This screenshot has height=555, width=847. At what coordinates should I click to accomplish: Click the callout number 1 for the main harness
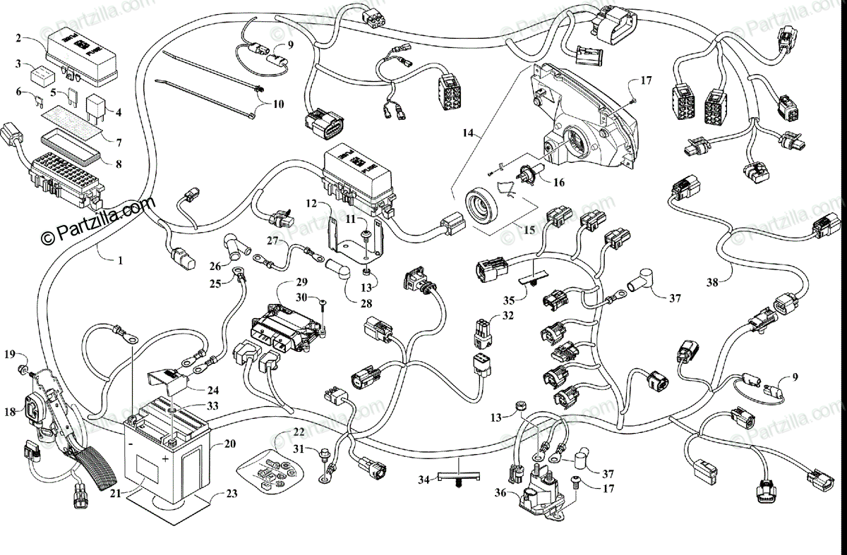pyautogui.click(x=120, y=260)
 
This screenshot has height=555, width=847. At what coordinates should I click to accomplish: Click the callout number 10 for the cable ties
pyautogui.click(x=278, y=104)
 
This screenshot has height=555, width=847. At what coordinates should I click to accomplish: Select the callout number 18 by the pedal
pyautogui.click(x=10, y=412)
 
